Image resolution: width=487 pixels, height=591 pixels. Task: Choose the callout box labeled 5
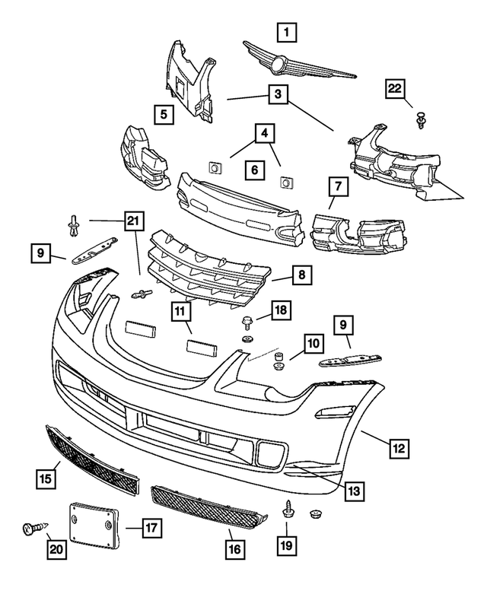coord(163,115)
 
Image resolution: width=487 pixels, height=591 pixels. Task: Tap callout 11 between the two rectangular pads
coord(182,313)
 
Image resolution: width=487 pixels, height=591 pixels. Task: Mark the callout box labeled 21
coord(134,221)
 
